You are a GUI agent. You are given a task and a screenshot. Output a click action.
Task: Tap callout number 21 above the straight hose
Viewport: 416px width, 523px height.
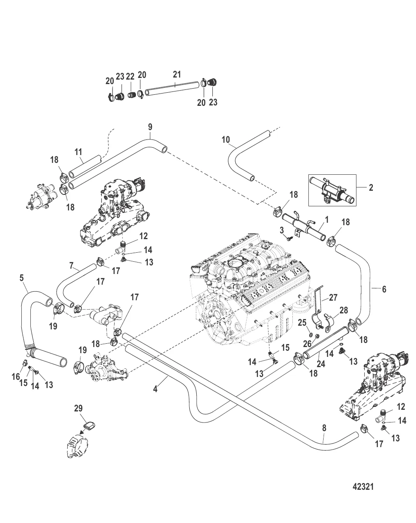[177, 74]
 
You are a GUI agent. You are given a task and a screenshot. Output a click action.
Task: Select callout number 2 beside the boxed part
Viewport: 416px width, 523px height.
[371, 187]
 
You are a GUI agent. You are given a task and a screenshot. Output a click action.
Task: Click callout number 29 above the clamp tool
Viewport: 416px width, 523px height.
[78, 408]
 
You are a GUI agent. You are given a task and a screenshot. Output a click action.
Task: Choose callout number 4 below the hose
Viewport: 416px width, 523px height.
[155, 388]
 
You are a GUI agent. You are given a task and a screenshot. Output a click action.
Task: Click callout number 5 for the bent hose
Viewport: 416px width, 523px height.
[22, 278]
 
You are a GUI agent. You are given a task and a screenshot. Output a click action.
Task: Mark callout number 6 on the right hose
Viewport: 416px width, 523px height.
[384, 289]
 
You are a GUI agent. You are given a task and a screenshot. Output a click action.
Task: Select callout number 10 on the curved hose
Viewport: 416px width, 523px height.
[226, 139]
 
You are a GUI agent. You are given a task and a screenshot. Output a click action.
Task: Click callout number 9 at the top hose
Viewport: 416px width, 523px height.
[150, 126]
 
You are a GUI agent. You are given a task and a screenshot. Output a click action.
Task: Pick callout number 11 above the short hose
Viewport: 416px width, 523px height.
[78, 152]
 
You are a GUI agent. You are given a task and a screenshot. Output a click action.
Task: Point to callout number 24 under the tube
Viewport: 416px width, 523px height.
[321, 363]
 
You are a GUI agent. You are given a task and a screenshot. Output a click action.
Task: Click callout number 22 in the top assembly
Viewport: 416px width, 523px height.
[130, 77]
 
